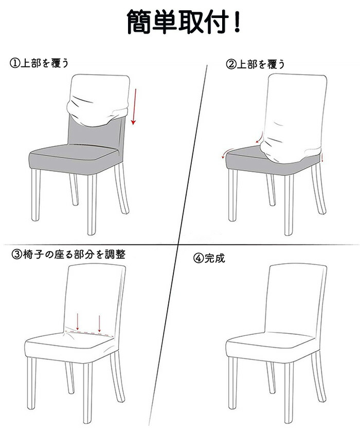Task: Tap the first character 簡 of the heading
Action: click(x=139, y=22)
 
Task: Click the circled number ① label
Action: click(x=15, y=63)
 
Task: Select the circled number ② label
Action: click(x=231, y=64)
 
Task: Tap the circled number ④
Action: click(x=199, y=258)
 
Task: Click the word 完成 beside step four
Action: click(x=214, y=258)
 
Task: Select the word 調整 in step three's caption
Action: click(x=115, y=254)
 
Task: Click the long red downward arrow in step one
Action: click(x=135, y=106)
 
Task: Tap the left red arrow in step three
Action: click(x=78, y=321)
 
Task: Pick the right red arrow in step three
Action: click(x=99, y=323)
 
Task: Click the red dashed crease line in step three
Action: click(x=89, y=334)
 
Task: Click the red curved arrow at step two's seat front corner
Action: click(x=227, y=153)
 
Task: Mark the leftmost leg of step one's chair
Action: click(x=36, y=194)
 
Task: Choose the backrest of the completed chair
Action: click(x=296, y=299)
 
